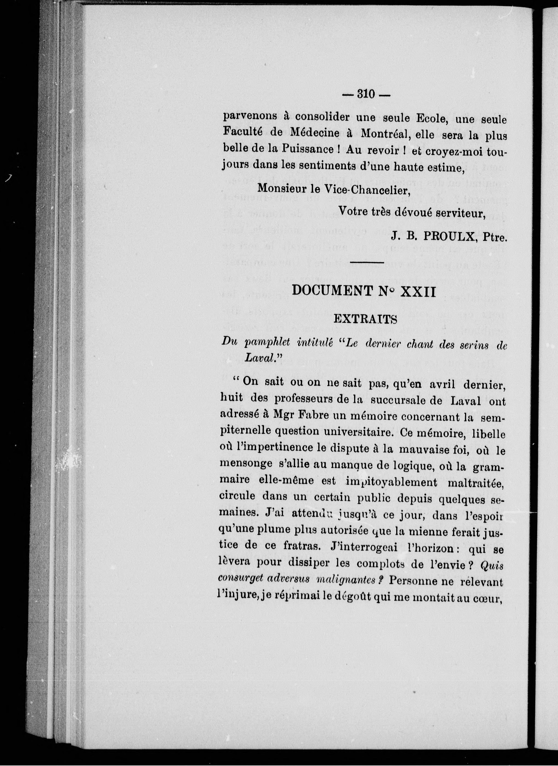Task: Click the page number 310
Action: point(366,94)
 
